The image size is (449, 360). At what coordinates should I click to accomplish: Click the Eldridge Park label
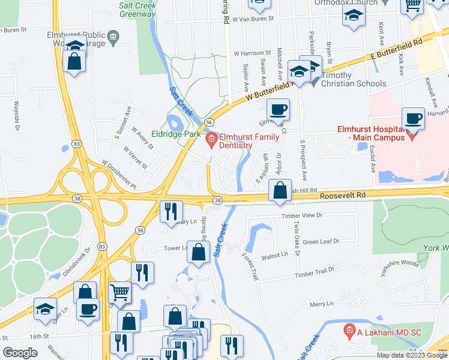(x=175, y=134)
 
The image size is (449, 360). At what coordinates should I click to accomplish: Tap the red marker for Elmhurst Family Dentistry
(x=211, y=141)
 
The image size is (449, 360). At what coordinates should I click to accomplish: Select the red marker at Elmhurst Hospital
(x=411, y=136)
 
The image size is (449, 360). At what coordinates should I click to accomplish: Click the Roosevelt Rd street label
(x=342, y=196)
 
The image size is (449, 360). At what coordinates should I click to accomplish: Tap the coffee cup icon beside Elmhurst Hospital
(x=412, y=119)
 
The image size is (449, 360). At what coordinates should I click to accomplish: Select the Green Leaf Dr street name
(x=321, y=242)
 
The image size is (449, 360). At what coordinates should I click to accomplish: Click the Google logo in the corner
(x=20, y=353)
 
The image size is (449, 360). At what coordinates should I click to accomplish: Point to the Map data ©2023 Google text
(x=411, y=355)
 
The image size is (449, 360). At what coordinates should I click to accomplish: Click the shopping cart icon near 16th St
(x=120, y=292)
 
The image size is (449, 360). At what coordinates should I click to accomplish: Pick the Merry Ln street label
(x=321, y=304)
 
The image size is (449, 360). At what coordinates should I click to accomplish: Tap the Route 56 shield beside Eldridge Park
(x=208, y=122)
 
